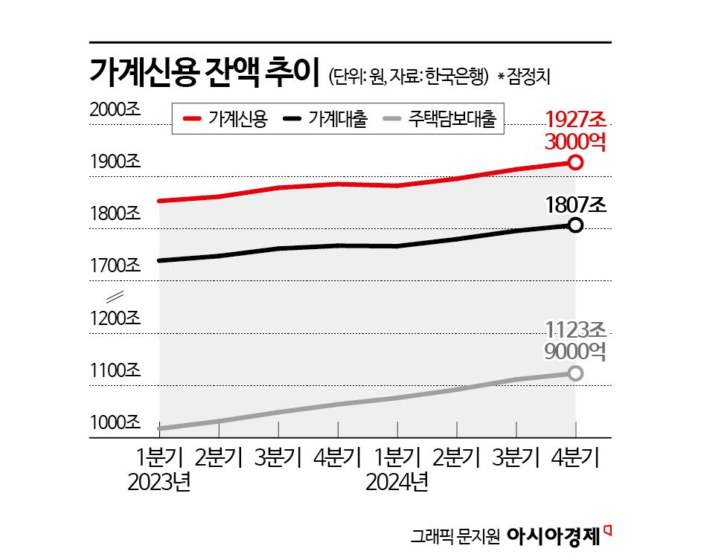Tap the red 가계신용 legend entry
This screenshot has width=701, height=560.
[227, 119]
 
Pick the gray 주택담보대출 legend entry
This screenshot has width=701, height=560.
[439, 119]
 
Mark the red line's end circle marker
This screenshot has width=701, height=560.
[574, 162]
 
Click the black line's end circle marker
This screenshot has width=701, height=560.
[574, 225]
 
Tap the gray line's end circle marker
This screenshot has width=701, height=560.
[574, 373]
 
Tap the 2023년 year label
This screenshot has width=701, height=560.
[159, 483]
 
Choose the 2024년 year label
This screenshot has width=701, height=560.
[397, 483]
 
